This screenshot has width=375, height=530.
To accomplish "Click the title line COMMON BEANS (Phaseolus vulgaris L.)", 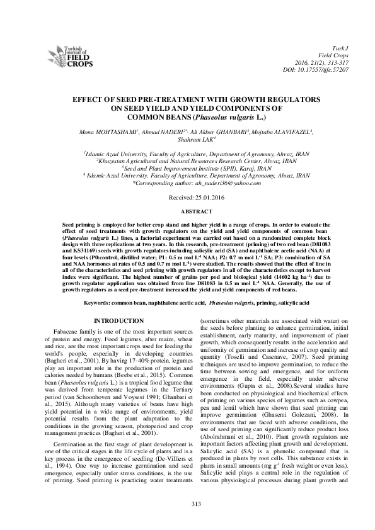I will [187, 117].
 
